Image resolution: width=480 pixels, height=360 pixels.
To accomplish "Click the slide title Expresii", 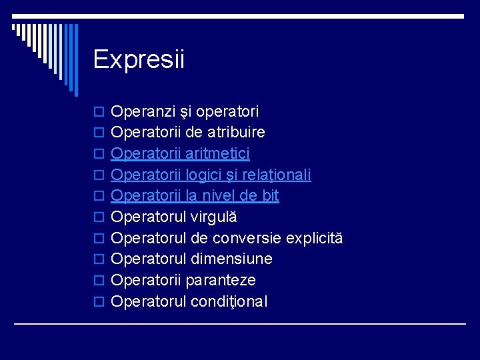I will (x=139, y=59).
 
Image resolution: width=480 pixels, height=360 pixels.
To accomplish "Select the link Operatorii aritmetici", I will (x=180, y=154).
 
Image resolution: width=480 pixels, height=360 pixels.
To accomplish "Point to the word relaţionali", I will (x=276, y=175).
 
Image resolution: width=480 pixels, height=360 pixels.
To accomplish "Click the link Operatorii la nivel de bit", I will (x=195, y=195).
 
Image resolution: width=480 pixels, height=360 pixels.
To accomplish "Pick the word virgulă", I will (x=214, y=217).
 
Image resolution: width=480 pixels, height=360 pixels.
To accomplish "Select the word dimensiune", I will (x=231, y=259).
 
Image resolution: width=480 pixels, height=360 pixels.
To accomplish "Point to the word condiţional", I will (x=229, y=301).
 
